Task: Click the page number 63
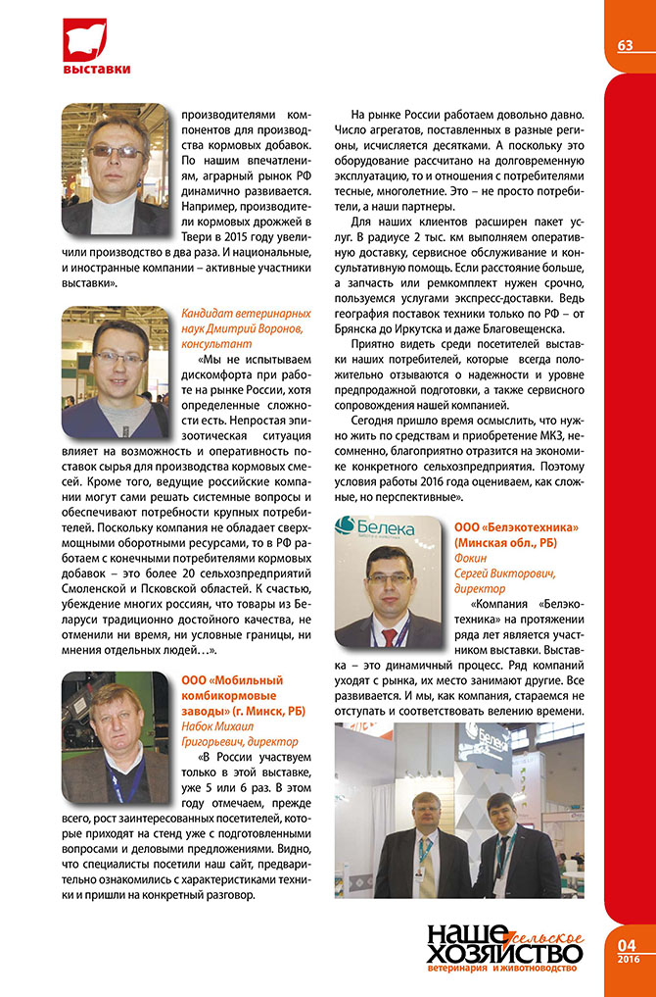(625, 45)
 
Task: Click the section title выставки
(96, 69)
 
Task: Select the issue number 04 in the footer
(627, 944)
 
